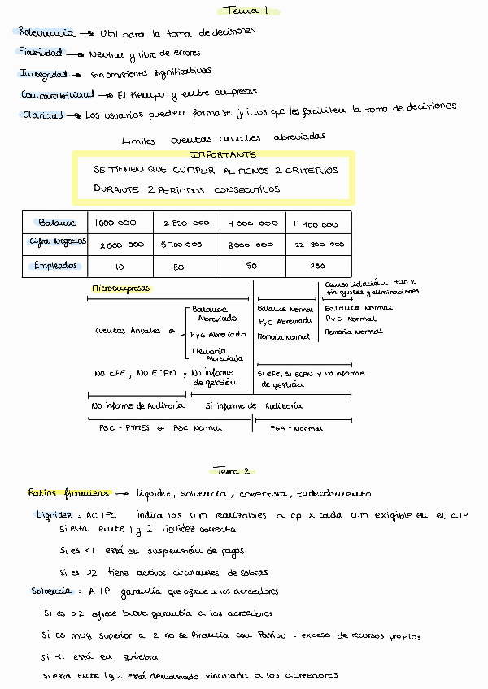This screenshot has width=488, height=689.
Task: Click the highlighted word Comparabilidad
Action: click(53, 94)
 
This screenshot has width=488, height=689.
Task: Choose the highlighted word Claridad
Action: click(42, 115)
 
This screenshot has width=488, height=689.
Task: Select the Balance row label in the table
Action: click(56, 223)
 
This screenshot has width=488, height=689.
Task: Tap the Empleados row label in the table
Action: click(55, 266)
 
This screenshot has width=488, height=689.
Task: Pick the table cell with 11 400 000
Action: click(318, 223)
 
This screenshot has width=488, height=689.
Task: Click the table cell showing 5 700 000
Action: click(182, 245)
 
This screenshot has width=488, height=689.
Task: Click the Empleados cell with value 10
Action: click(120, 266)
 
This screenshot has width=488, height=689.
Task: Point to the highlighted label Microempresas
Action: click(115, 288)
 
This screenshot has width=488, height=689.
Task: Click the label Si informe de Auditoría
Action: click(253, 405)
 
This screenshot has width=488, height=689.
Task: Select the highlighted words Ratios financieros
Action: click(68, 492)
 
